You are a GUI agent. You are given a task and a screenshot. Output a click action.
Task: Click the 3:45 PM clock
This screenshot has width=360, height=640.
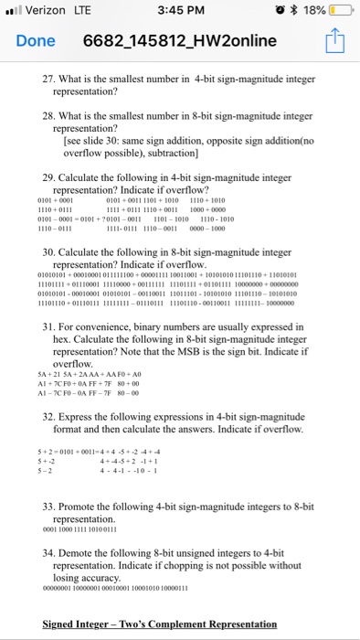pyautogui.click(x=179, y=12)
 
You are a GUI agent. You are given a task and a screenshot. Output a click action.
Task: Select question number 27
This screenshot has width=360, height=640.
pyautogui.click(x=50, y=80)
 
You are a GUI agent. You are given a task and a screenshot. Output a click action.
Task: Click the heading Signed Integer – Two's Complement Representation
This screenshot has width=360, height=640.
pyautogui.click(x=160, y=624)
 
